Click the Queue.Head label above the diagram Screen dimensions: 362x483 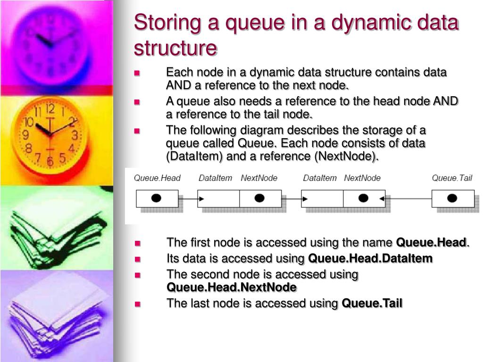point(157,178)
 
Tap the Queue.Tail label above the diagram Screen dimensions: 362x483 point(452,178)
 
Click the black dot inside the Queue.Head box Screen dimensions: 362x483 point(156,198)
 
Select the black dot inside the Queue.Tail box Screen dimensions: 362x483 point(452,198)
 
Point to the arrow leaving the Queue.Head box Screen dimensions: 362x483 point(188,199)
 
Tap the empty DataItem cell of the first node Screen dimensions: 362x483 point(218,198)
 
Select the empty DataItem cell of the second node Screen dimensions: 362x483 point(322,198)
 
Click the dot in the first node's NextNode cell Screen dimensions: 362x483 point(259,198)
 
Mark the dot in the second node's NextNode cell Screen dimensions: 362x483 point(363,198)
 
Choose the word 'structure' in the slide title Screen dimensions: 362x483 point(175,48)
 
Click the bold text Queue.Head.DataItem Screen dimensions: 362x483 point(370,258)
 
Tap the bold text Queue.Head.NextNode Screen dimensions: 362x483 point(232,288)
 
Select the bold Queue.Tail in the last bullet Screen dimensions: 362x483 point(372,303)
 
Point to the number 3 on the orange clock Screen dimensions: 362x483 point(75,135)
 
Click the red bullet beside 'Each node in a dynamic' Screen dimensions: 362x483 point(137,73)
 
